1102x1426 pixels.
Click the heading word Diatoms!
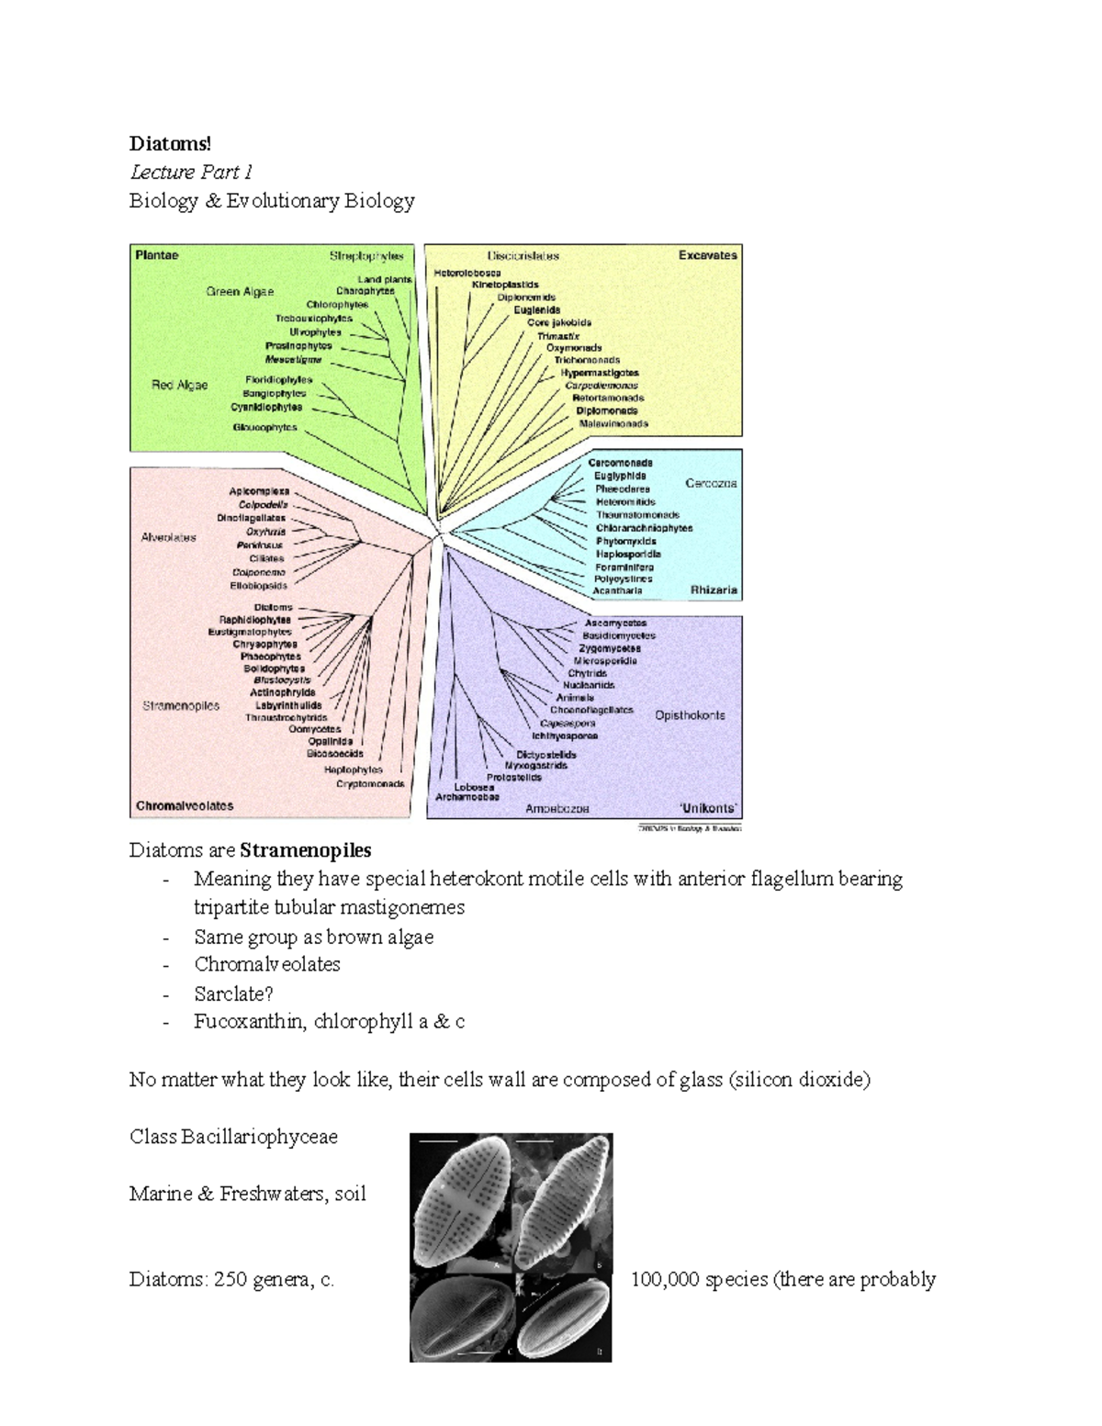(x=170, y=143)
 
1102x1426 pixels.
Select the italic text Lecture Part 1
(x=191, y=172)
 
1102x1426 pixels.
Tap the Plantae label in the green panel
(x=157, y=255)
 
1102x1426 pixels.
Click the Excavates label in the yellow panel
(x=707, y=255)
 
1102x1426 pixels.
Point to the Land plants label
(x=384, y=279)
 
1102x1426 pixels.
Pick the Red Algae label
(x=179, y=386)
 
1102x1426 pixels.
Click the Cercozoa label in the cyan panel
(x=711, y=483)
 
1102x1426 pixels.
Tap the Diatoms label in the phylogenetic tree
(x=273, y=608)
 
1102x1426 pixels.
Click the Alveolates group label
(x=168, y=537)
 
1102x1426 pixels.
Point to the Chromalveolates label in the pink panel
(x=185, y=806)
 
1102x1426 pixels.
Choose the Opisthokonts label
(x=690, y=715)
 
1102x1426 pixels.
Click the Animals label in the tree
(x=575, y=698)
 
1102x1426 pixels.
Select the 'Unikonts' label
(x=707, y=808)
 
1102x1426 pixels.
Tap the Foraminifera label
(x=624, y=567)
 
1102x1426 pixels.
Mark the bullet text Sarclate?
(x=233, y=994)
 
